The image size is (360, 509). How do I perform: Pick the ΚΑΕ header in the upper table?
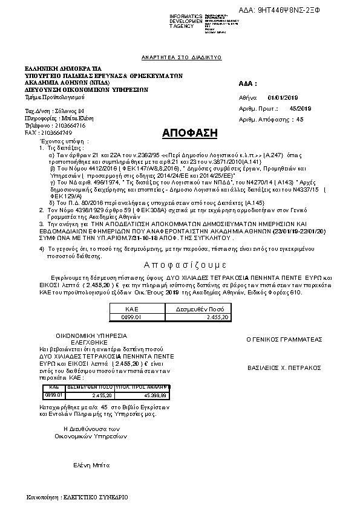pyautogui.click(x=132, y=308)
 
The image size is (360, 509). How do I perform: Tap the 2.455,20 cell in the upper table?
pyautogui.click(x=217, y=316)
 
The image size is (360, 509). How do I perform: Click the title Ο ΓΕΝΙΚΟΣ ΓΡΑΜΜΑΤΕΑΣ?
pyautogui.click(x=284, y=339)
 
